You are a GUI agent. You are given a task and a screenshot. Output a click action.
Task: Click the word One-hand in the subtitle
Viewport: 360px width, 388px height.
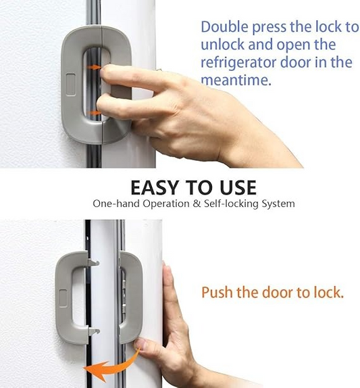coord(114,203)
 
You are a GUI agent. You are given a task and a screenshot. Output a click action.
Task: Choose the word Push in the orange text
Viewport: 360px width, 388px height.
coord(218,293)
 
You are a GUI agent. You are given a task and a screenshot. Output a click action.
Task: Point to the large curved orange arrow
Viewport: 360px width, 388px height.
coord(108,366)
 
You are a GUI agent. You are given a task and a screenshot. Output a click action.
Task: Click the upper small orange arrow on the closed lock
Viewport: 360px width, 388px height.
coord(95,67)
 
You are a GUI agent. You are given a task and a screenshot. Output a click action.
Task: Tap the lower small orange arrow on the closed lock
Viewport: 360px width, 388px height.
coord(95,113)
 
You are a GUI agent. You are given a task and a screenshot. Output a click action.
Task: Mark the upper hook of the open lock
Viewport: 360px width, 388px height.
coord(93,262)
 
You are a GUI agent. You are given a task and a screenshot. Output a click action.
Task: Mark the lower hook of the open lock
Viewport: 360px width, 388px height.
coord(93,331)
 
